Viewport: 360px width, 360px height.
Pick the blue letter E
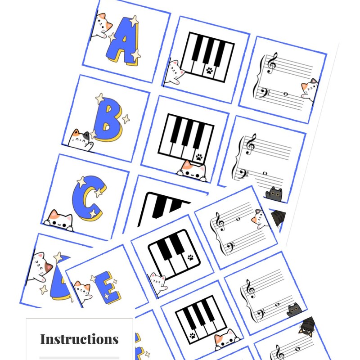coord(108,288)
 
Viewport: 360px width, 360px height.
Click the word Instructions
coord(79,339)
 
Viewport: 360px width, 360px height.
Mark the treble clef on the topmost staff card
coord(272,63)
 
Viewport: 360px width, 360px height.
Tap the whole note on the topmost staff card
coord(285,94)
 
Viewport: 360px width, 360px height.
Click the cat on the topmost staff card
coord(310,88)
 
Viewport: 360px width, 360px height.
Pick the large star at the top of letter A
coord(134,20)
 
